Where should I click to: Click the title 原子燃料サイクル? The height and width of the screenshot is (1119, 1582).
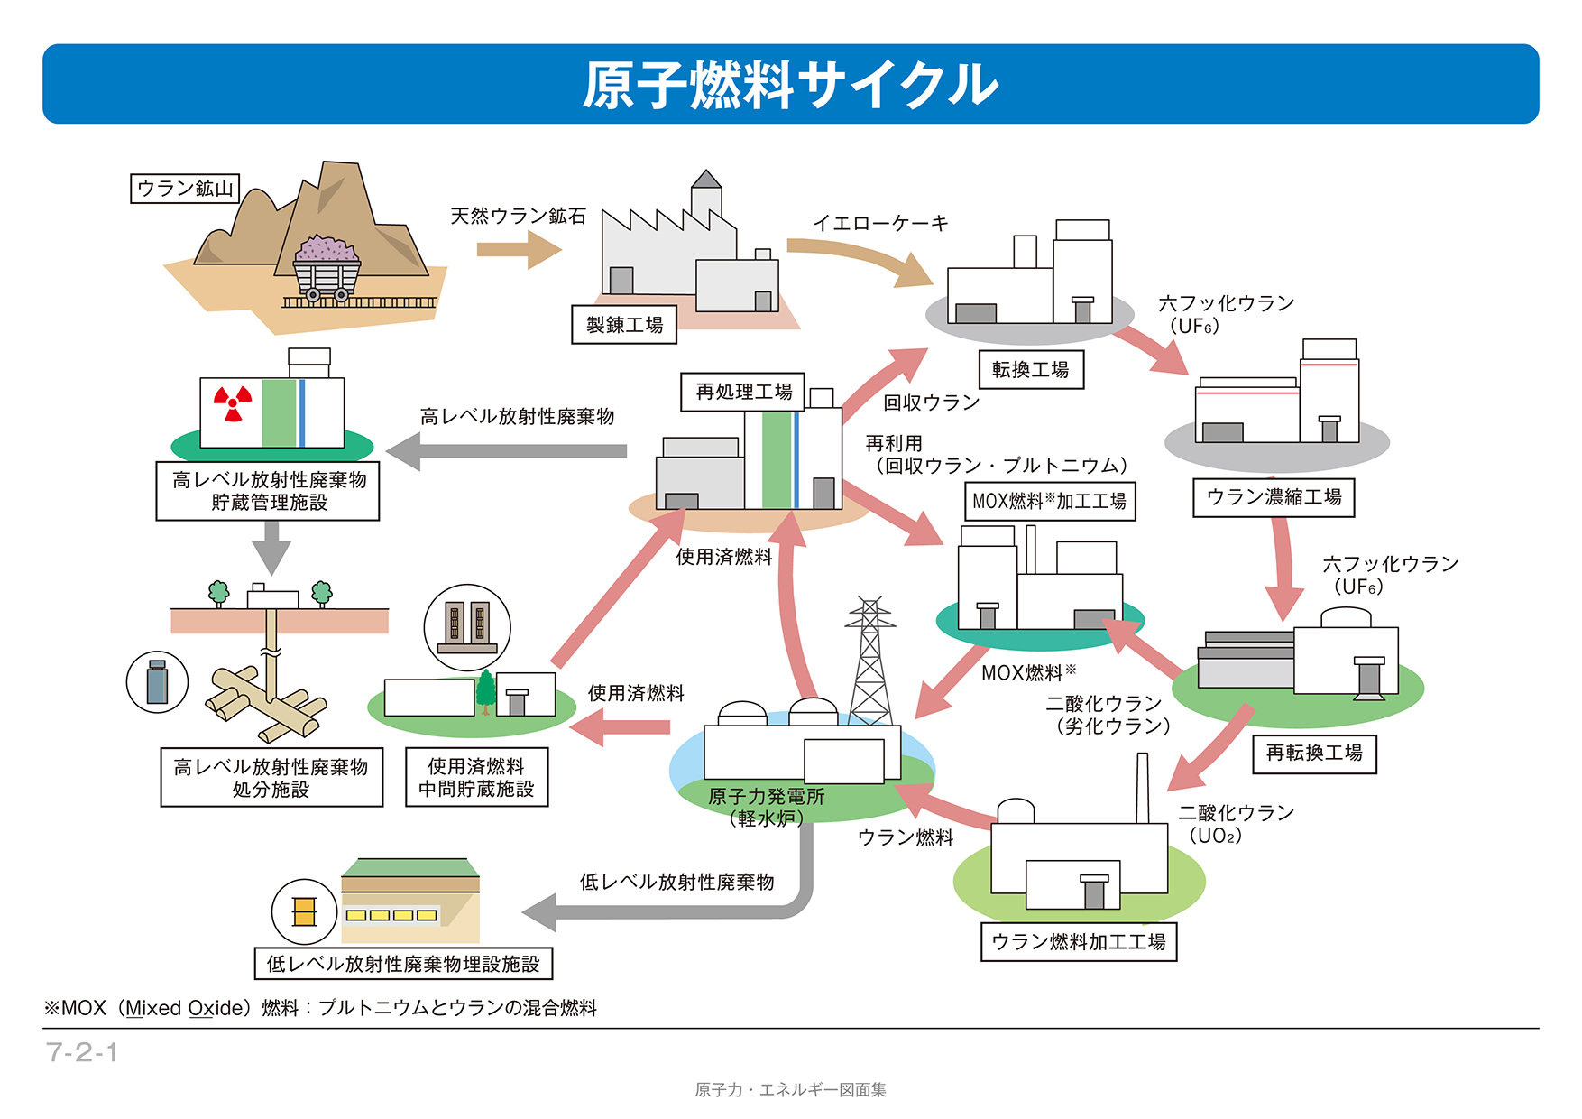pyautogui.click(x=790, y=85)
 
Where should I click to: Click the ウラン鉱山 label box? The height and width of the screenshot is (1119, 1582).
pyautogui.click(x=185, y=189)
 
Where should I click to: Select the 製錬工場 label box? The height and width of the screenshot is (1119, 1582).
pyautogui.click(x=624, y=325)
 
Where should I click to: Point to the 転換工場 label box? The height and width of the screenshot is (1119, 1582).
pyautogui.click(x=1031, y=369)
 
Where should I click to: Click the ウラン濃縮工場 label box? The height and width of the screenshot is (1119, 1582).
pyautogui.click(x=1274, y=497)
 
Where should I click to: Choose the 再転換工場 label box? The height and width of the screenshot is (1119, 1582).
pyautogui.click(x=1314, y=754)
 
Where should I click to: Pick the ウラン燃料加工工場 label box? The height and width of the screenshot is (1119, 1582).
pyautogui.click(x=1079, y=942)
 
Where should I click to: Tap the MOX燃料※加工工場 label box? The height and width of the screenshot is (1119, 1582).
pyautogui.click(x=1049, y=502)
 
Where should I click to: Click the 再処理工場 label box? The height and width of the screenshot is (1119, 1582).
pyautogui.click(x=743, y=392)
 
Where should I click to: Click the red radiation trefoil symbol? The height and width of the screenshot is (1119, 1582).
pyautogui.click(x=233, y=403)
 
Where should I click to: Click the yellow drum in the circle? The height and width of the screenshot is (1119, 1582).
pyautogui.click(x=305, y=912)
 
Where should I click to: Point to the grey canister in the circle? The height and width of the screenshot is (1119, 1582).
pyautogui.click(x=157, y=682)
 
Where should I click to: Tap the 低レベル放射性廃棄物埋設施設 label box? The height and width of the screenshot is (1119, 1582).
pyautogui.click(x=403, y=964)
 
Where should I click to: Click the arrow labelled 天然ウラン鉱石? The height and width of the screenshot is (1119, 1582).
pyautogui.click(x=520, y=249)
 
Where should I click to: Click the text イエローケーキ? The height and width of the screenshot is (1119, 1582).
pyautogui.click(x=880, y=223)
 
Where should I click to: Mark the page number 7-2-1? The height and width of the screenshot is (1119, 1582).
pyautogui.click(x=82, y=1052)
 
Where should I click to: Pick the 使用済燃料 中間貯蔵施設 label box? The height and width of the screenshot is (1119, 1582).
pyautogui.click(x=476, y=777)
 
